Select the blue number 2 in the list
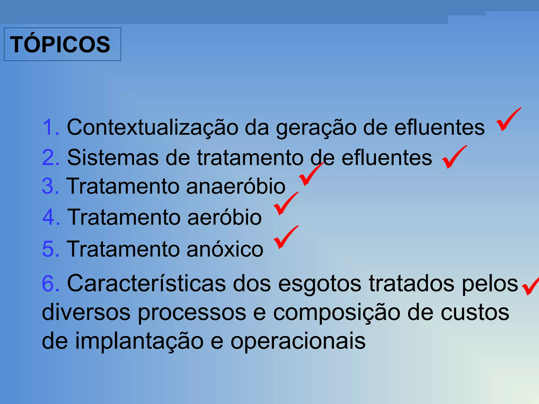pyautogui.click(x=50, y=158)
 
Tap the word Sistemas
pyautogui.click(x=113, y=158)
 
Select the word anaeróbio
pyautogui.click(x=236, y=186)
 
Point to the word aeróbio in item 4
pyautogui.click(x=224, y=217)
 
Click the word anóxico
pyautogui.click(x=225, y=249)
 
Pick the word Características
pyautogui.click(x=146, y=284)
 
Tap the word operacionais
pyautogui.click(x=298, y=341)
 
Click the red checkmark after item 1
pyautogui.click(x=508, y=120)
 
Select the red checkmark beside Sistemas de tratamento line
pyautogui.click(x=454, y=157)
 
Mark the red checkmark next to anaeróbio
pyautogui.click(x=311, y=174)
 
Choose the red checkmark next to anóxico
pyautogui.click(x=285, y=237)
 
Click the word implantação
pyautogui.click(x=139, y=341)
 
